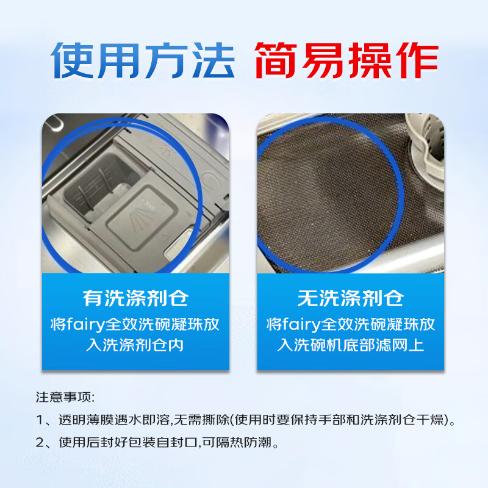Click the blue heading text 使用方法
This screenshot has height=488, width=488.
pyautogui.click(x=143, y=60)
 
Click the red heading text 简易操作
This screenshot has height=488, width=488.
pyautogui.click(x=346, y=60)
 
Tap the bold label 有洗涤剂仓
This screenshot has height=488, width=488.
pyautogui.click(x=135, y=298)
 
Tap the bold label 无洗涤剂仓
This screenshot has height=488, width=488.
pyautogui.click(x=351, y=298)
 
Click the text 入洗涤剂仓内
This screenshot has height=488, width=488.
pyautogui.click(x=135, y=345)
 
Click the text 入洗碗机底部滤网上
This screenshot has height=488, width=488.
pyautogui.click(x=351, y=345)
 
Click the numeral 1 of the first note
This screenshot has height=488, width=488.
pyautogui.click(x=40, y=420)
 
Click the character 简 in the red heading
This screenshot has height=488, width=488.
pyautogui.click(x=276, y=60)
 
